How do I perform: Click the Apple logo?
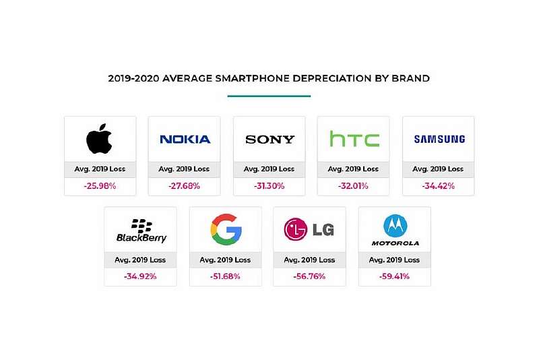pyautogui.click(x=100, y=139)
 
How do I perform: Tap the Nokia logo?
pyautogui.click(x=185, y=140)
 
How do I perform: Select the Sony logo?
pyautogui.click(x=269, y=140)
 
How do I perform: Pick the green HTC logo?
pyautogui.click(x=354, y=140)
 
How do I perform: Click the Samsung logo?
pyautogui.click(x=439, y=140)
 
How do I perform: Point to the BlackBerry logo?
pyautogui.click(x=141, y=231)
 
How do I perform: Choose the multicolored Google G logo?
pyautogui.click(x=226, y=229)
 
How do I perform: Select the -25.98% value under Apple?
pyautogui.click(x=100, y=186)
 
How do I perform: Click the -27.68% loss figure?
pyautogui.click(x=185, y=186)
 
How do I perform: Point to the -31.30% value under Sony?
pyautogui.click(x=269, y=186)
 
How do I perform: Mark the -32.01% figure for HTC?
pyautogui.click(x=354, y=186)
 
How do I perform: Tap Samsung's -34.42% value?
pyautogui.click(x=439, y=186)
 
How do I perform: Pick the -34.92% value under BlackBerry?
pyautogui.click(x=141, y=276)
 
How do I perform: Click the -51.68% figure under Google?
pyautogui.click(x=226, y=276)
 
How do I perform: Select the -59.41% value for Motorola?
pyautogui.click(x=395, y=276)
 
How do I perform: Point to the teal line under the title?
pyautogui.click(x=269, y=96)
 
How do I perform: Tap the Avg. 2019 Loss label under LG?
pyautogui.click(x=310, y=260)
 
